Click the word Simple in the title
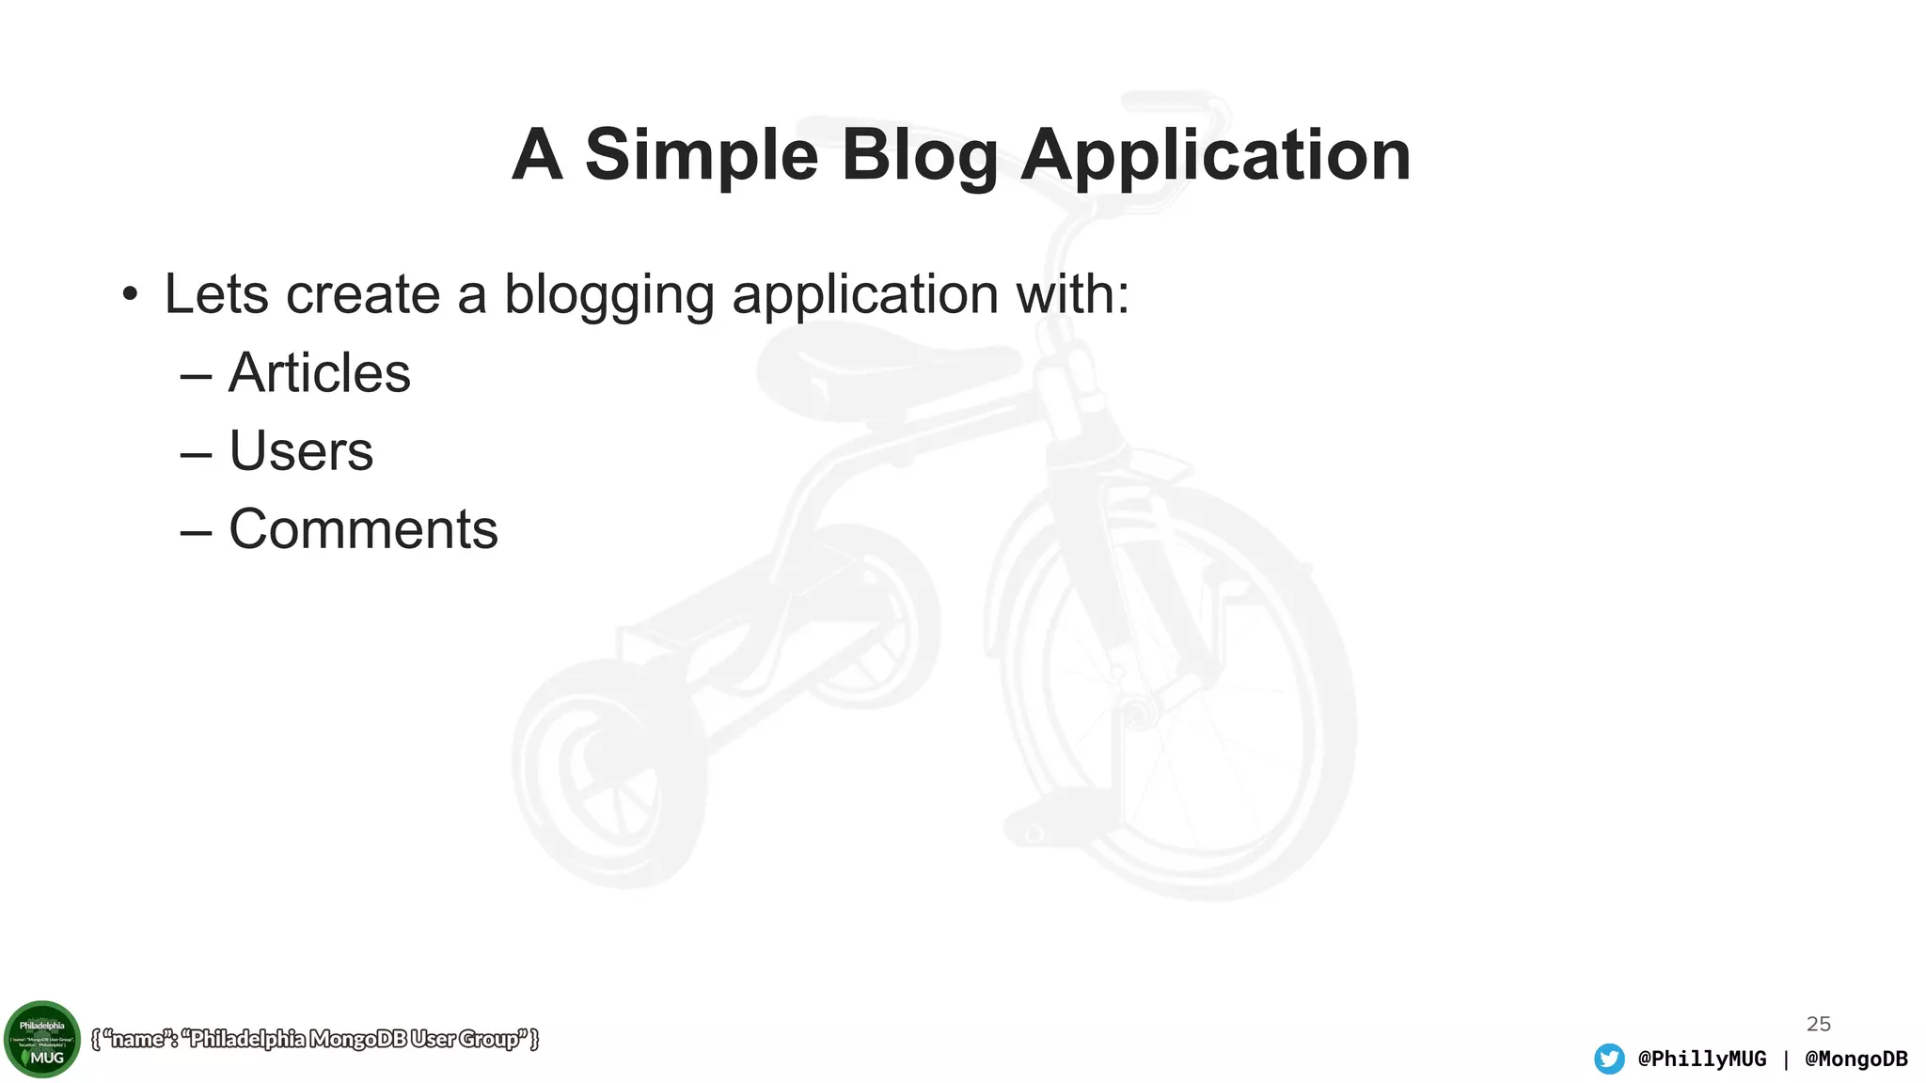click(x=702, y=156)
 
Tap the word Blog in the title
click(x=919, y=156)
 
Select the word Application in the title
click(x=1215, y=156)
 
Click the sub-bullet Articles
click(x=319, y=372)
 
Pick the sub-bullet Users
click(x=301, y=450)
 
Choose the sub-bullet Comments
click(x=363, y=528)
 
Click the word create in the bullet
click(x=363, y=294)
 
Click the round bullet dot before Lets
click(x=130, y=295)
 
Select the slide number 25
click(x=1819, y=1024)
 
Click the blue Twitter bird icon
click(x=1609, y=1059)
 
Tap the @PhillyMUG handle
click(x=1702, y=1059)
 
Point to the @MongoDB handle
click(x=1856, y=1059)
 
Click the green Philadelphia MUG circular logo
click(x=42, y=1039)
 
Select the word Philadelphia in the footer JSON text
click(x=247, y=1039)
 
